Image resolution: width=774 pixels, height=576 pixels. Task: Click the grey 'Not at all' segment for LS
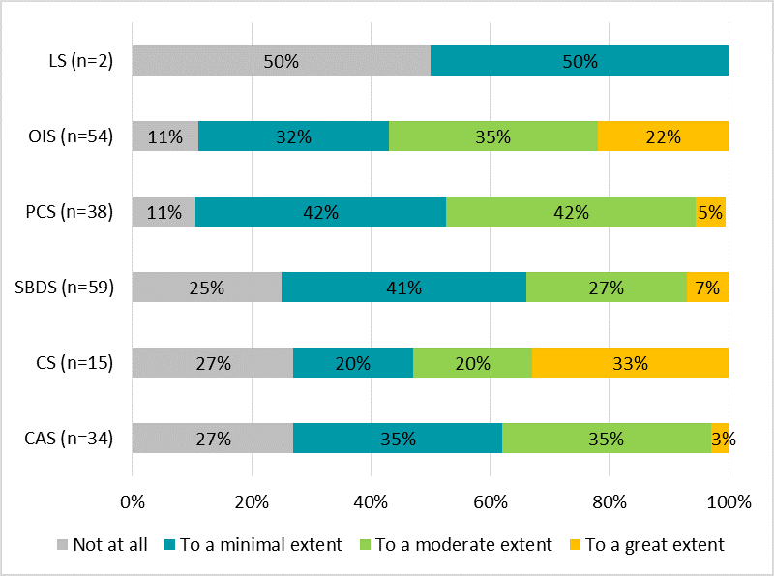(281, 61)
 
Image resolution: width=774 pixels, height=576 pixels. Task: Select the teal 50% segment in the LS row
(579, 61)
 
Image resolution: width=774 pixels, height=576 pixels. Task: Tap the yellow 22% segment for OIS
(663, 136)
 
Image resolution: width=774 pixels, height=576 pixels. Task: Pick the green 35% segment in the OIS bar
(493, 136)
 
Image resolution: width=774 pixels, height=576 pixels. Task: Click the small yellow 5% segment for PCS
(710, 212)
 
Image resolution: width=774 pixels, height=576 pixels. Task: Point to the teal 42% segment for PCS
(320, 212)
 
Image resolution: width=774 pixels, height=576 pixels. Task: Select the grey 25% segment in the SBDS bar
(206, 288)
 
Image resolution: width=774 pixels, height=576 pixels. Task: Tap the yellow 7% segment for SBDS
(707, 288)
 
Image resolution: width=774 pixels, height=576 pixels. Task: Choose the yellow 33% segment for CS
(630, 363)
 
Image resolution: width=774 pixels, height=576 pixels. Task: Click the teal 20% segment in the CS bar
(353, 363)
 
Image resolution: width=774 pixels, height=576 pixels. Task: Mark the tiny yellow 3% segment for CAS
(720, 439)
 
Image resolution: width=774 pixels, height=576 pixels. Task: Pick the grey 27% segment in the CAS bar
(212, 439)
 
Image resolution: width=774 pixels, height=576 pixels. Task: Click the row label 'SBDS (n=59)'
(65, 288)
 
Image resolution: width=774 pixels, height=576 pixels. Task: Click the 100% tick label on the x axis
(729, 502)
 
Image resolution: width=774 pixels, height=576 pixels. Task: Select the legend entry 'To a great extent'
(654, 545)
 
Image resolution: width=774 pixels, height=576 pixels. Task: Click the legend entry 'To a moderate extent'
(463, 545)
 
